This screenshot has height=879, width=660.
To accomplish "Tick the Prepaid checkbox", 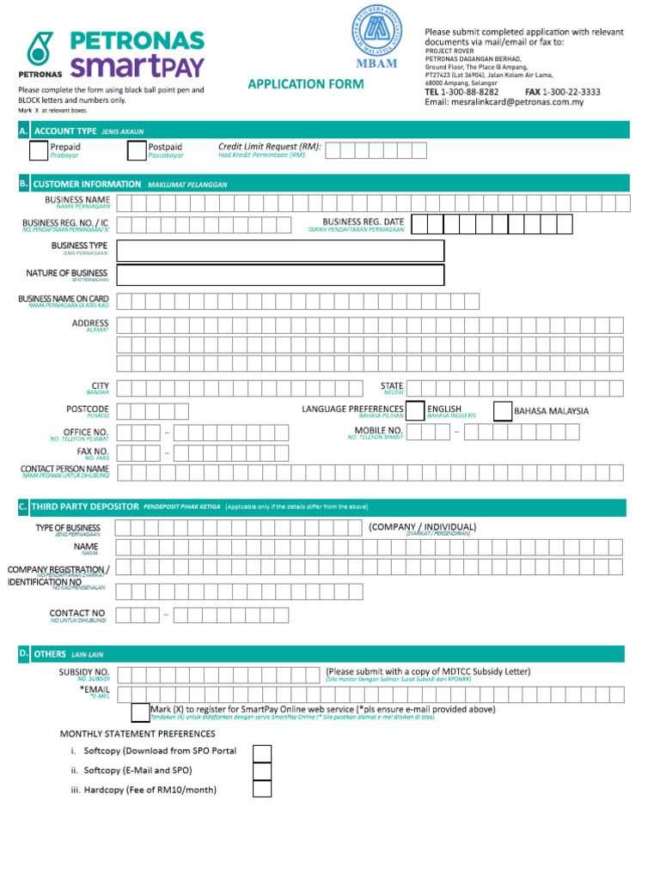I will (x=39, y=151).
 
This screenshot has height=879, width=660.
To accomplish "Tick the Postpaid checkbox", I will (x=137, y=151).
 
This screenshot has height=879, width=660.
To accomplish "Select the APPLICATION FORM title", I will (x=305, y=84).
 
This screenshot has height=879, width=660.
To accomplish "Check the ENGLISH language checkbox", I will (x=414, y=410).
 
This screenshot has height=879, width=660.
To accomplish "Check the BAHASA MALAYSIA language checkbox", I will (x=503, y=410).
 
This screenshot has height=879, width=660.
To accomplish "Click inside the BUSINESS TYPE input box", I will (x=280, y=251).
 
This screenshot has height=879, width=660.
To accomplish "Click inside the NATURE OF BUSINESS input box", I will (x=280, y=275).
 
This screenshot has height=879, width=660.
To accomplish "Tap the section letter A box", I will (x=23, y=130).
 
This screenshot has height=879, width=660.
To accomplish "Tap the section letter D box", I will (x=23, y=654).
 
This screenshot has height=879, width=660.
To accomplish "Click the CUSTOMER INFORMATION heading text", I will (x=87, y=184).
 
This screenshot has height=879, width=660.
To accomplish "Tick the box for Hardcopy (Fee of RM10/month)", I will (x=262, y=789).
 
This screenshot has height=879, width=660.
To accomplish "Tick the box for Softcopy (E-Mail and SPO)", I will (x=262, y=770).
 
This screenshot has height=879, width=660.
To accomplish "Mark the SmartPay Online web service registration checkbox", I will (x=140, y=712).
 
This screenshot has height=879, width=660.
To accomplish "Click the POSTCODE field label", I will (x=88, y=409).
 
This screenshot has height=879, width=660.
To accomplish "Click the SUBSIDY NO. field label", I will (x=83, y=671).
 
